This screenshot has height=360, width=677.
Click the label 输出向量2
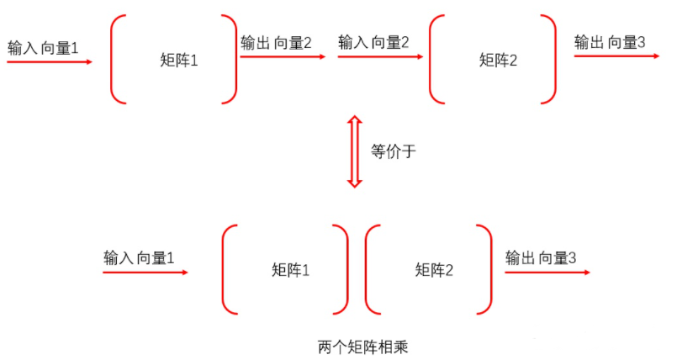click(x=276, y=42)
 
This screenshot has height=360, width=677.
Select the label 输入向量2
click(x=373, y=42)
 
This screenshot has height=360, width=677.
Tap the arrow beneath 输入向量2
click(x=379, y=57)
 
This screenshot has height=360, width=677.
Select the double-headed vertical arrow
click(x=355, y=152)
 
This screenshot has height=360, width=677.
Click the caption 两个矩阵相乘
click(x=362, y=346)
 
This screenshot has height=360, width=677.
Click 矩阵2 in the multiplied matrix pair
click(x=434, y=270)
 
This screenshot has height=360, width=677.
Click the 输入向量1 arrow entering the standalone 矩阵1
click(x=49, y=62)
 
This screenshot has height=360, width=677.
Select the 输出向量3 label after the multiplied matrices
click(x=540, y=257)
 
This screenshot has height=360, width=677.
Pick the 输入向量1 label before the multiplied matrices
click(x=139, y=257)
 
